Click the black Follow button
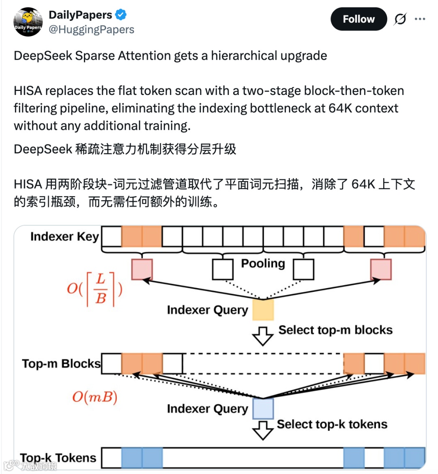tap(359, 19)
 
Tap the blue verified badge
tap(121, 15)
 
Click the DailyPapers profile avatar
tap(28, 22)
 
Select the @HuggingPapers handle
tap(91, 30)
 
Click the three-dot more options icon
tap(420, 19)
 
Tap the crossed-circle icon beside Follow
tap(400, 19)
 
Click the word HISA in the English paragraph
tap(28, 90)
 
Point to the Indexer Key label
tap(64, 237)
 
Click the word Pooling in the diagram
tap(263, 264)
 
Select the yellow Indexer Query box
tap(263, 310)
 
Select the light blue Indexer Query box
tap(263, 408)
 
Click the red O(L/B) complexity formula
tap(94, 289)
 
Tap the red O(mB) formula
tap(94, 396)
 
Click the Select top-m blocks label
tap(335, 330)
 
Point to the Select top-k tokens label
tap(332, 424)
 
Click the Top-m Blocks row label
tap(61, 364)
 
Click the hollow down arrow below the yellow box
tap(262, 336)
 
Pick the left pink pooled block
tap(142, 269)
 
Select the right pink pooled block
tap(381, 269)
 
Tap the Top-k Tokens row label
tap(58, 458)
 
